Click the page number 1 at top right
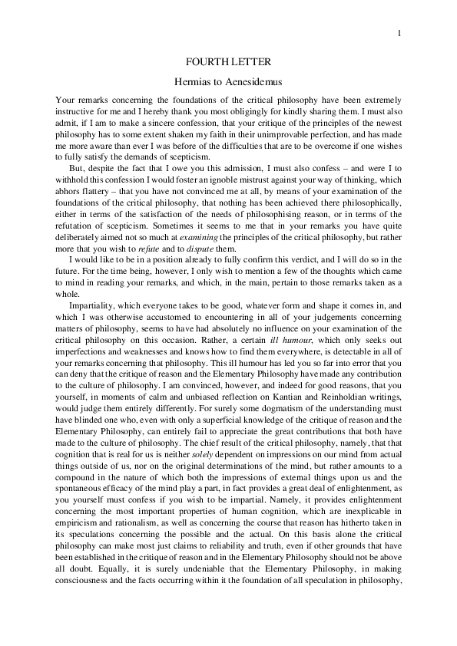click(401, 32)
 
